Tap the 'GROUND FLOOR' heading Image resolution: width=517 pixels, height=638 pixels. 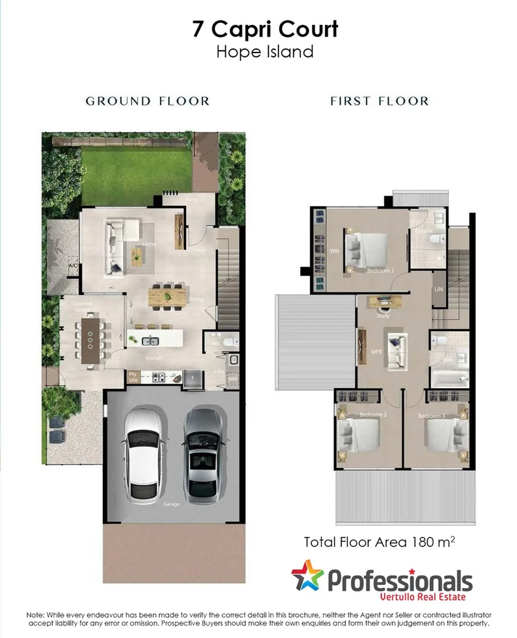(x=148, y=101)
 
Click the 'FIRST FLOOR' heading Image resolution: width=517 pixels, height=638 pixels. (x=379, y=101)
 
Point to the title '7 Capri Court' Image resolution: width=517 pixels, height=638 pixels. (x=265, y=30)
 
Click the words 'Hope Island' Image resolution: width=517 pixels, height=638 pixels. (x=265, y=52)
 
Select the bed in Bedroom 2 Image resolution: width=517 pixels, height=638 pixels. (x=359, y=433)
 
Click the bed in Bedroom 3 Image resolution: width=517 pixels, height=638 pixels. (x=446, y=433)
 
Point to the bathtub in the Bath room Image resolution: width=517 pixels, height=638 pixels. (x=450, y=378)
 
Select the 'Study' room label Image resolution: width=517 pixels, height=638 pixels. (x=383, y=316)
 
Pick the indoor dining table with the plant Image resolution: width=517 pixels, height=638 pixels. (x=168, y=296)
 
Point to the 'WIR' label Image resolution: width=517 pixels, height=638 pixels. (x=334, y=251)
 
